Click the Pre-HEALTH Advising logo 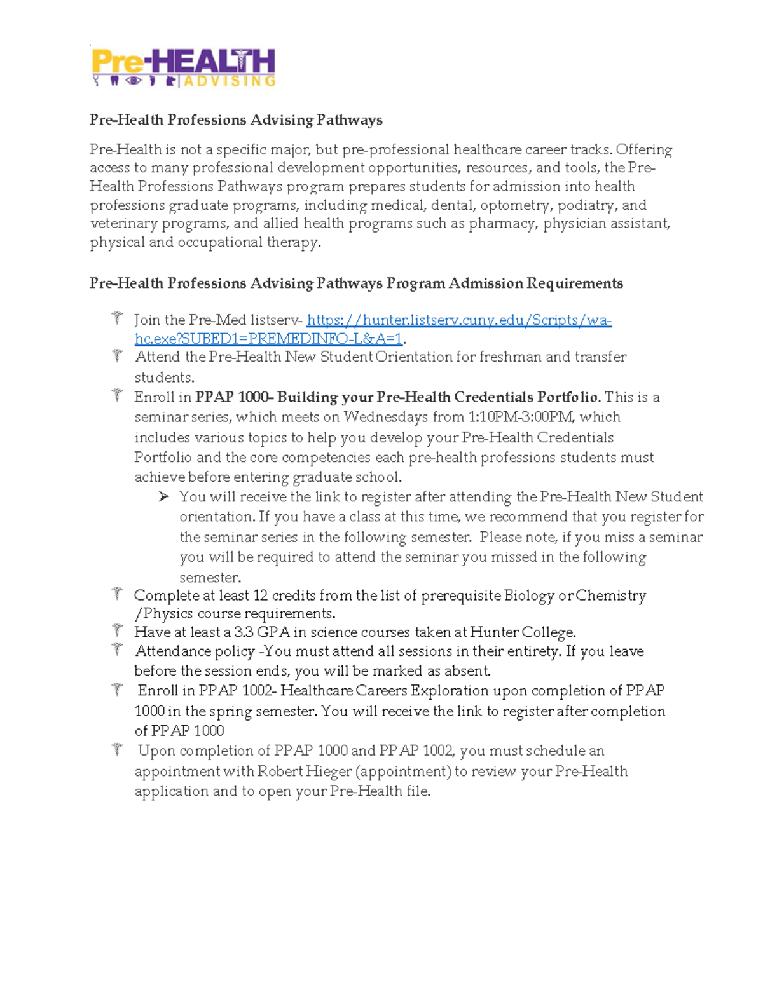183,67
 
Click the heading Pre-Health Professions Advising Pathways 236,120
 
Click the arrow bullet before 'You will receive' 163,496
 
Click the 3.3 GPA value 261,632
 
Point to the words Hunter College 522,632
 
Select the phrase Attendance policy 195,651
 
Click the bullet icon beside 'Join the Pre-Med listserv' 117,317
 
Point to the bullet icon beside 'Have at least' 117,630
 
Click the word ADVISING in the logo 230,81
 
